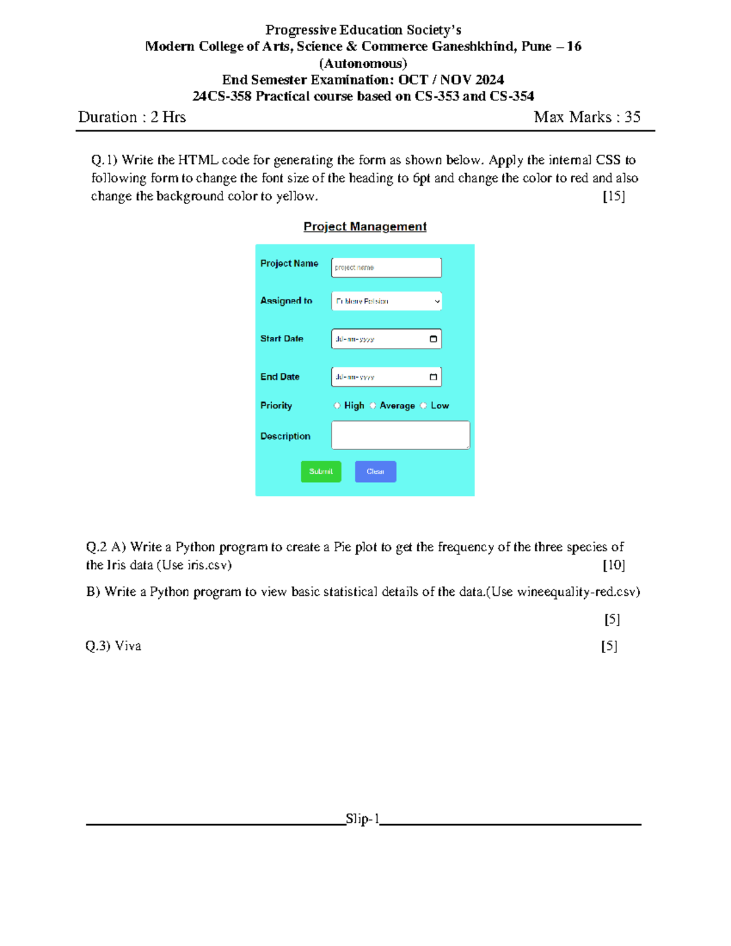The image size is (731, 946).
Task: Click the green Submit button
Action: (x=321, y=471)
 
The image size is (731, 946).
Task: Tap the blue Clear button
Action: (x=375, y=471)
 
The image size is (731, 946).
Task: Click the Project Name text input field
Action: (x=386, y=267)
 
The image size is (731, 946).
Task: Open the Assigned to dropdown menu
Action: (x=386, y=301)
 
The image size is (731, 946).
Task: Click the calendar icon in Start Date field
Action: (x=433, y=339)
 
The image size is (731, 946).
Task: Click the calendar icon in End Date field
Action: (x=433, y=377)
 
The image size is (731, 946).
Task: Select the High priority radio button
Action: (x=337, y=406)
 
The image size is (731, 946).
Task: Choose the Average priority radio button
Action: (x=373, y=406)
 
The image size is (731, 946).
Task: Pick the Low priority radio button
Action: (x=423, y=406)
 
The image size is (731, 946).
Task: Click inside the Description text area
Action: (x=400, y=435)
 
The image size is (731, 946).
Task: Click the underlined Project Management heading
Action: (x=365, y=227)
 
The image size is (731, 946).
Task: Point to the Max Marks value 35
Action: (x=632, y=117)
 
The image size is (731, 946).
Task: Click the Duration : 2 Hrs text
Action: (x=132, y=117)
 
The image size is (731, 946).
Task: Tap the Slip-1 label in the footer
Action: (x=362, y=819)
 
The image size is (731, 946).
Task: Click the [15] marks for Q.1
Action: (x=613, y=196)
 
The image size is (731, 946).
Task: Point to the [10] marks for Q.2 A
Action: (x=613, y=565)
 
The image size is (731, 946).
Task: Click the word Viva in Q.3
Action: (x=128, y=646)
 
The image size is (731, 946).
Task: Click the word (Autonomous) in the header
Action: (x=363, y=63)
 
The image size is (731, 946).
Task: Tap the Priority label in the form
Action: (x=276, y=406)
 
